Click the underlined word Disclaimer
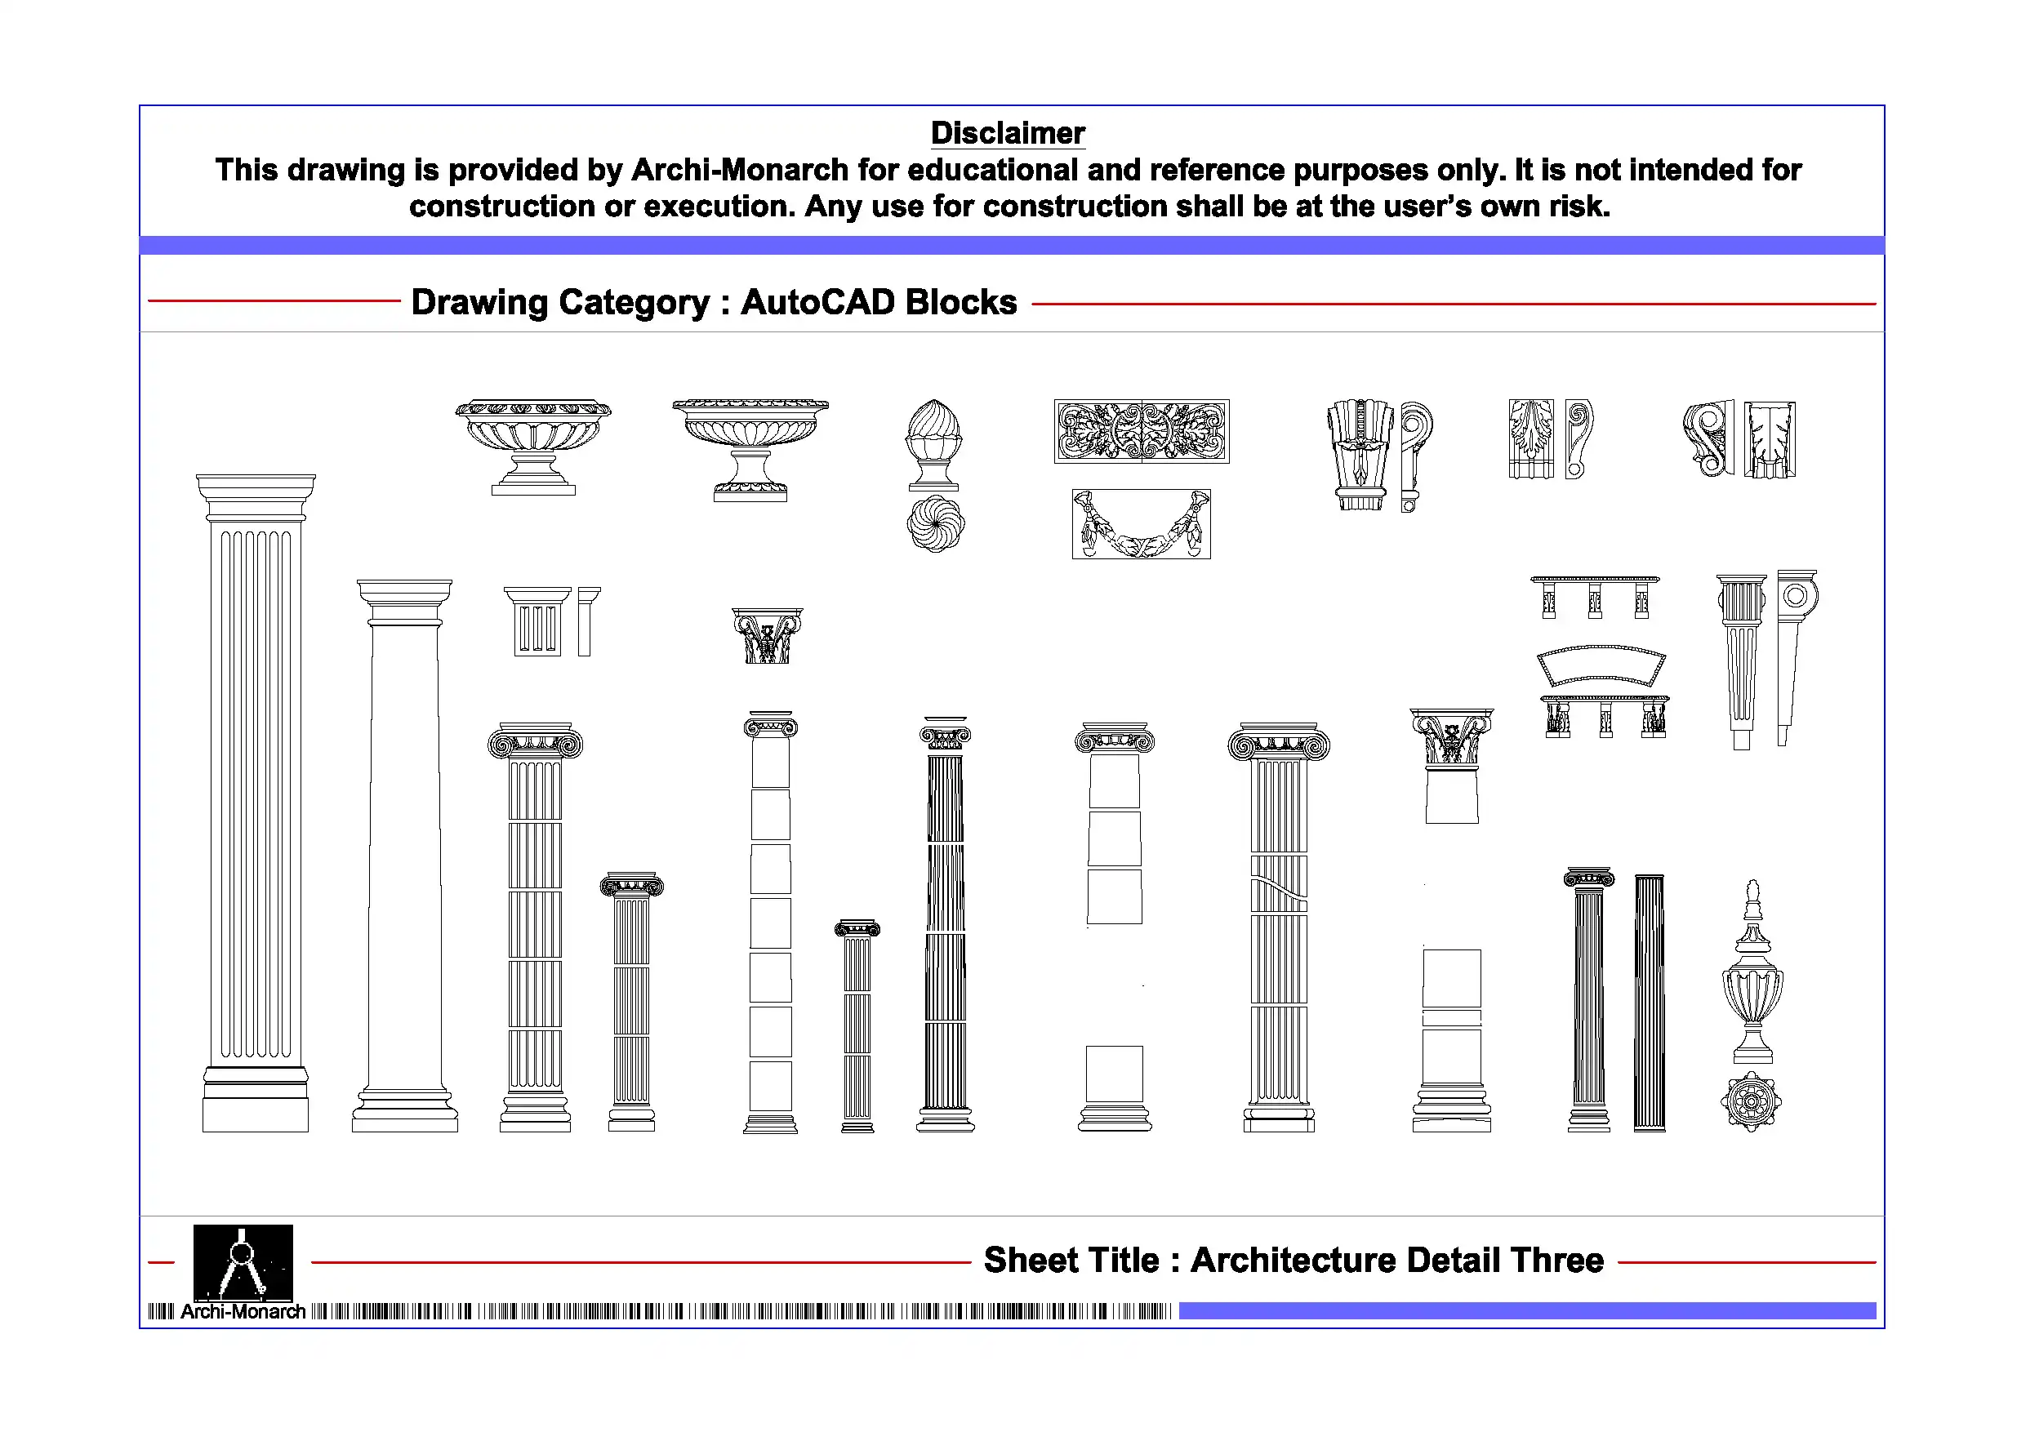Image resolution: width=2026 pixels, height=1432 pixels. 1007,133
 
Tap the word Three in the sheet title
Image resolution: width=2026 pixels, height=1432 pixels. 1556,1260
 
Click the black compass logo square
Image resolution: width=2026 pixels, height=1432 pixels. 243,1261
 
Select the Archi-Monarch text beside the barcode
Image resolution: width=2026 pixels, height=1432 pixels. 243,1312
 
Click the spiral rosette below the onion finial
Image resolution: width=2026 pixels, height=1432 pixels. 935,524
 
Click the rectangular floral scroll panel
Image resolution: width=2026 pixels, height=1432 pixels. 1141,431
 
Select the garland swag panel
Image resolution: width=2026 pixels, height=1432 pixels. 1141,524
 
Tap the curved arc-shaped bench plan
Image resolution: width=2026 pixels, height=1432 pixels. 1601,666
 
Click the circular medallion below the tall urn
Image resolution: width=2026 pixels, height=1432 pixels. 1751,1101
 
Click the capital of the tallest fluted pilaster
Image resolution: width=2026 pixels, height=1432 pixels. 255,496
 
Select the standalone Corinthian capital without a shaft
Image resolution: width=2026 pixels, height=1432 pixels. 767,635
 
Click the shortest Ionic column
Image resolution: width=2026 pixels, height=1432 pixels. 857,1028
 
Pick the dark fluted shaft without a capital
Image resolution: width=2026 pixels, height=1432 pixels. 1650,1003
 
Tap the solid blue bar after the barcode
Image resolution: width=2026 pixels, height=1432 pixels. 1526,1311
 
